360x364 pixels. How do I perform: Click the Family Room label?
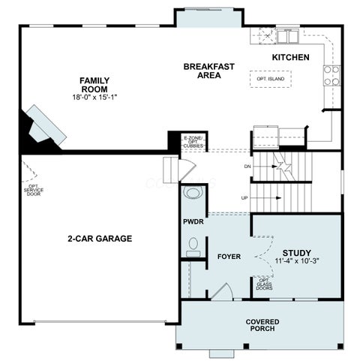pos(94,85)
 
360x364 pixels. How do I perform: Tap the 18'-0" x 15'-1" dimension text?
pos(94,97)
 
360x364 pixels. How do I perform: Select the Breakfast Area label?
pos(209,71)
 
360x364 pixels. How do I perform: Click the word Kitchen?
pos(290,57)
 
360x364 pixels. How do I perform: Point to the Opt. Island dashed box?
pos(271,79)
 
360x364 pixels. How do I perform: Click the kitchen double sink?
pos(288,37)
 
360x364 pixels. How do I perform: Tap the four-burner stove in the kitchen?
pos(331,75)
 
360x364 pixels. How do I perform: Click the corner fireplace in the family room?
pos(45,125)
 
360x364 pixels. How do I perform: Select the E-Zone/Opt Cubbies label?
pos(193,142)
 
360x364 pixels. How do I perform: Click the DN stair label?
pos(247,167)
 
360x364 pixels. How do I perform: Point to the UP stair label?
pos(244,198)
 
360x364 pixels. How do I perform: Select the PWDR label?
pos(193,221)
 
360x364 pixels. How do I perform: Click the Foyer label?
pos(229,257)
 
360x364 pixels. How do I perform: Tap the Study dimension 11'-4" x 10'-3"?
pos(297,261)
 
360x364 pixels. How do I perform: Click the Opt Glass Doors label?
pos(264,284)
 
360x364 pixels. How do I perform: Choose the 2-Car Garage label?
pos(100,239)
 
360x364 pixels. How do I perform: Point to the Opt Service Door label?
pos(34,190)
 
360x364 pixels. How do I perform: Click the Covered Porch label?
pos(262,325)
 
